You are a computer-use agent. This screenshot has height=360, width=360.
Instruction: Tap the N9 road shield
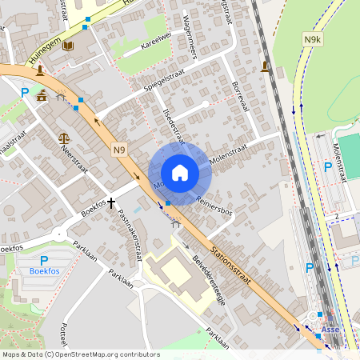click(x=118, y=148)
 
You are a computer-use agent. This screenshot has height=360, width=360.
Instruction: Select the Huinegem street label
click(x=45, y=54)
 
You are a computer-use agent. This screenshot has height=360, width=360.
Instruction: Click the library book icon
click(x=67, y=46)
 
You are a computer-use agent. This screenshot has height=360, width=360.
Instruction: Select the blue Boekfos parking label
click(x=44, y=271)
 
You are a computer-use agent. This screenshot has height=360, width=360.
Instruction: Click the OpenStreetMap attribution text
click(x=80, y=354)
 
